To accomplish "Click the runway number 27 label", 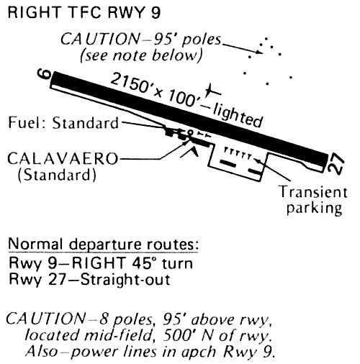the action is [336, 163].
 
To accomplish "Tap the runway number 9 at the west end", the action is [44, 74].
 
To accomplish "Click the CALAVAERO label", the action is [63, 159].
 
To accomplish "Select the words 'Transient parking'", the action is [314, 200].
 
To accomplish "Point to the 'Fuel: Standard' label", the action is [63, 123].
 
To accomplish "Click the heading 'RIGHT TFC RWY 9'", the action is [84, 12].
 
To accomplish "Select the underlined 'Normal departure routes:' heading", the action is [104, 244].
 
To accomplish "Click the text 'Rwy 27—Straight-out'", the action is [89, 279].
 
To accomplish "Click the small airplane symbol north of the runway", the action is [212, 91].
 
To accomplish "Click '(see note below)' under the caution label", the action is [141, 55].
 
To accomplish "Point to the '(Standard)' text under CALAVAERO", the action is [57, 175].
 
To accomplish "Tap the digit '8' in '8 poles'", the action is [104, 319].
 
